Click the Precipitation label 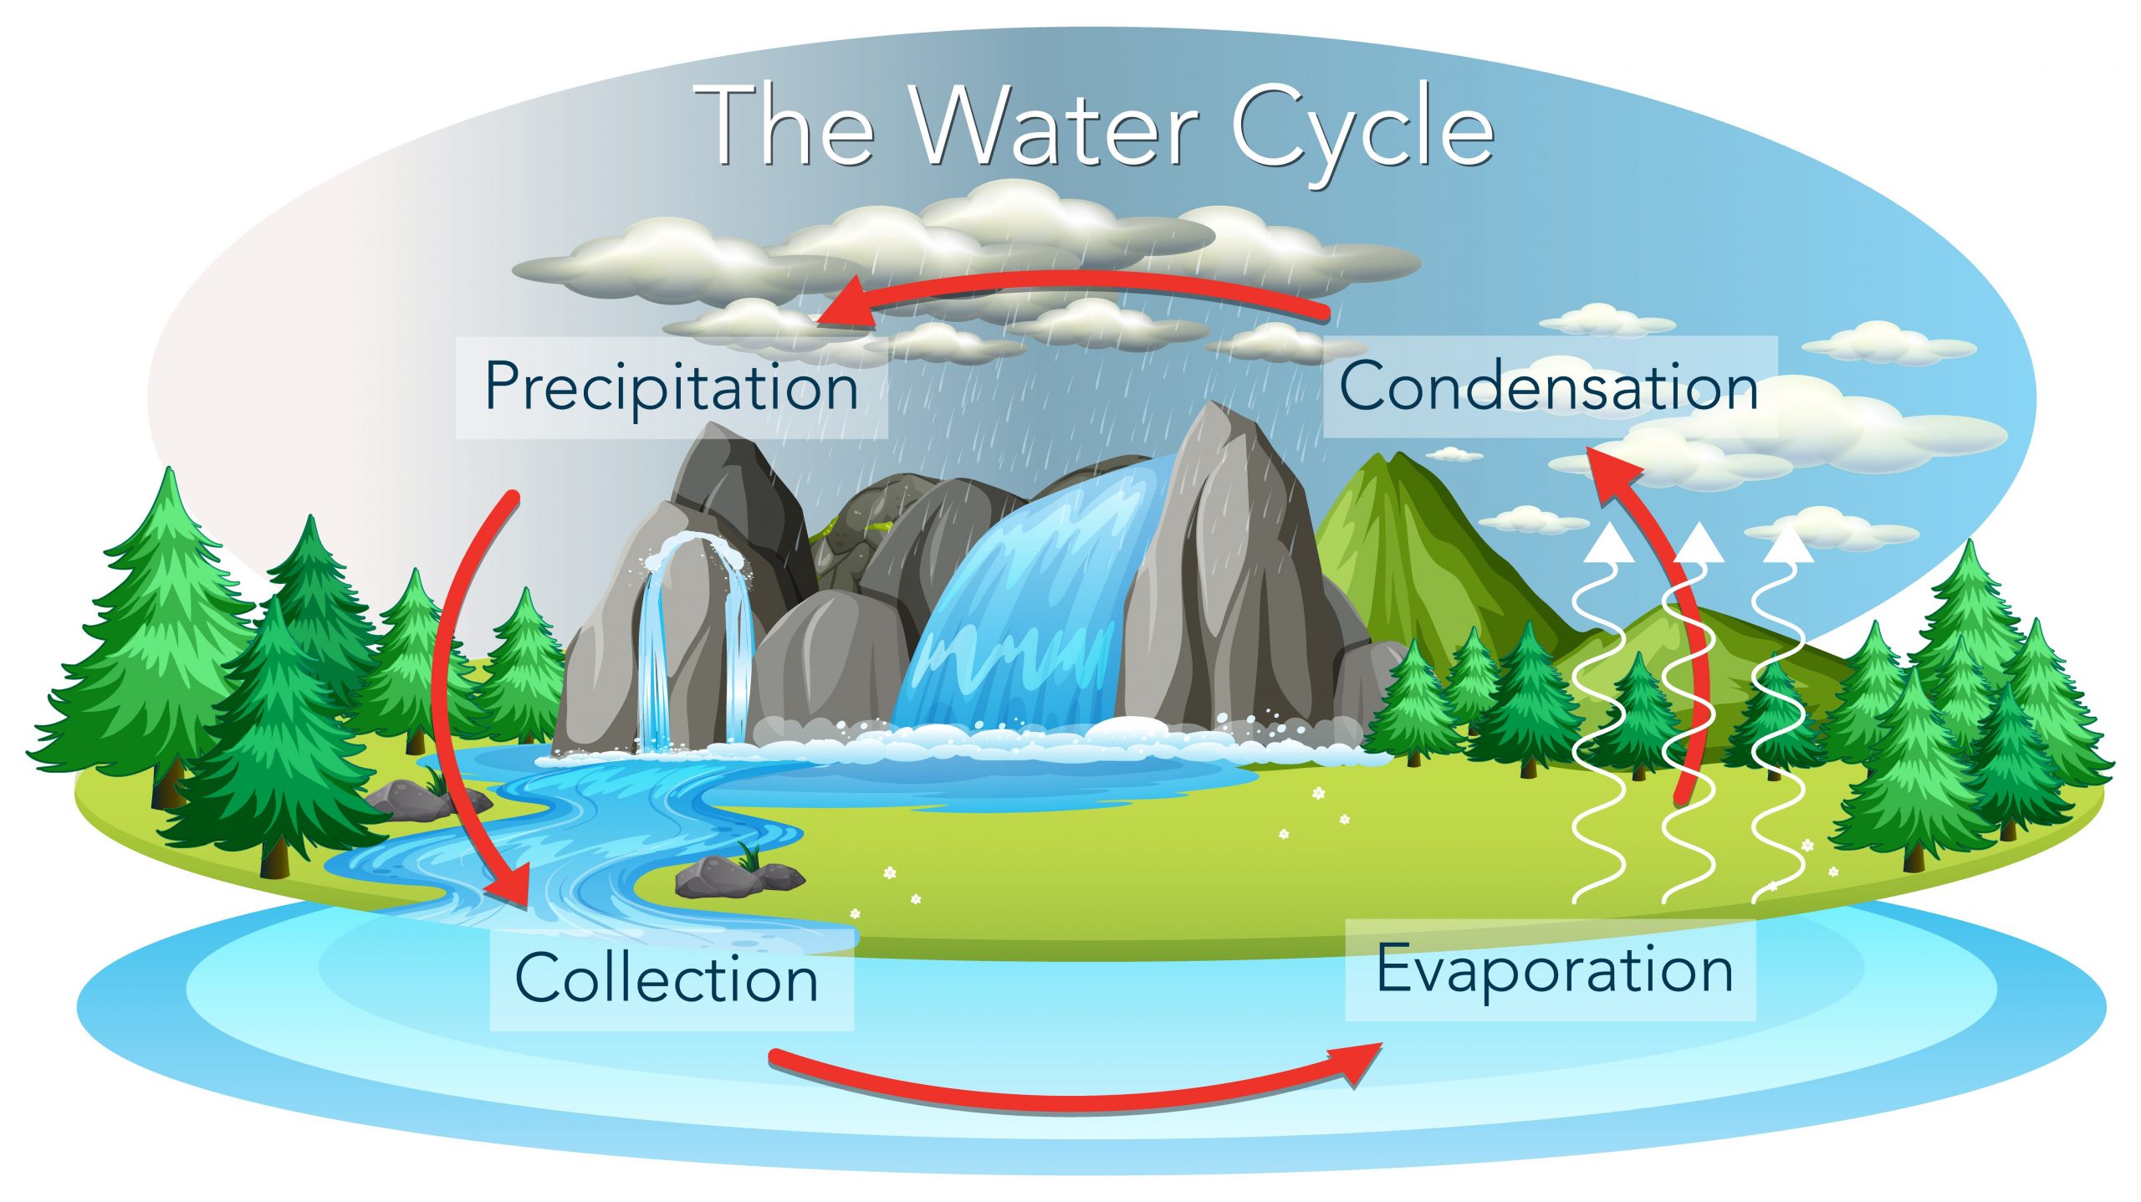672,388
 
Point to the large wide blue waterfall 1029,602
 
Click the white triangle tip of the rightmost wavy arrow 1789,543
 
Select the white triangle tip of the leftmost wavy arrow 1610,543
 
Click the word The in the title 786,125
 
